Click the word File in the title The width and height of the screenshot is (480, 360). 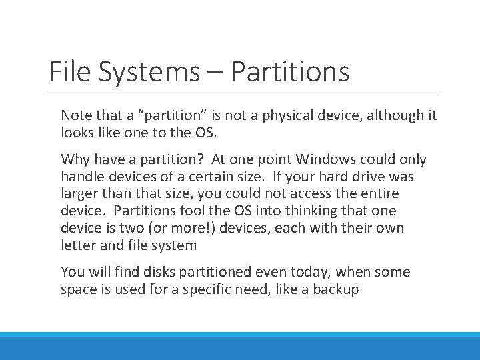pyautogui.click(x=68, y=72)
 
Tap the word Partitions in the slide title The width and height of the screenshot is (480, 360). pyautogui.click(x=290, y=72)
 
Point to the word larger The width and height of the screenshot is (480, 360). pyautogui.click(x=79, y=193)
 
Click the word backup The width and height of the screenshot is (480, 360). pyautogui.click(x=337, y=289)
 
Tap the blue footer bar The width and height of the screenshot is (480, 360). pyautogui.click(x=240, y=347)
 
